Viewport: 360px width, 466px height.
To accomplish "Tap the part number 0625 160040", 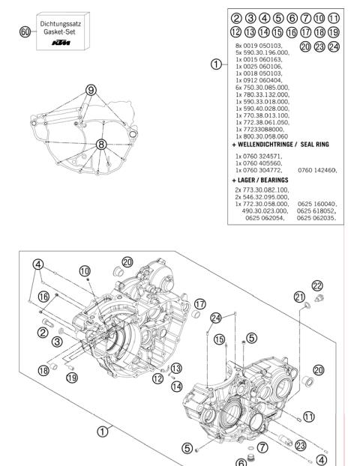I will (x=318, y=205).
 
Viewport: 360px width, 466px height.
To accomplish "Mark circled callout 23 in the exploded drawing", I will (x=300, y=444).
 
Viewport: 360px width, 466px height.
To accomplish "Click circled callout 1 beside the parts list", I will (x=217, y=64).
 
